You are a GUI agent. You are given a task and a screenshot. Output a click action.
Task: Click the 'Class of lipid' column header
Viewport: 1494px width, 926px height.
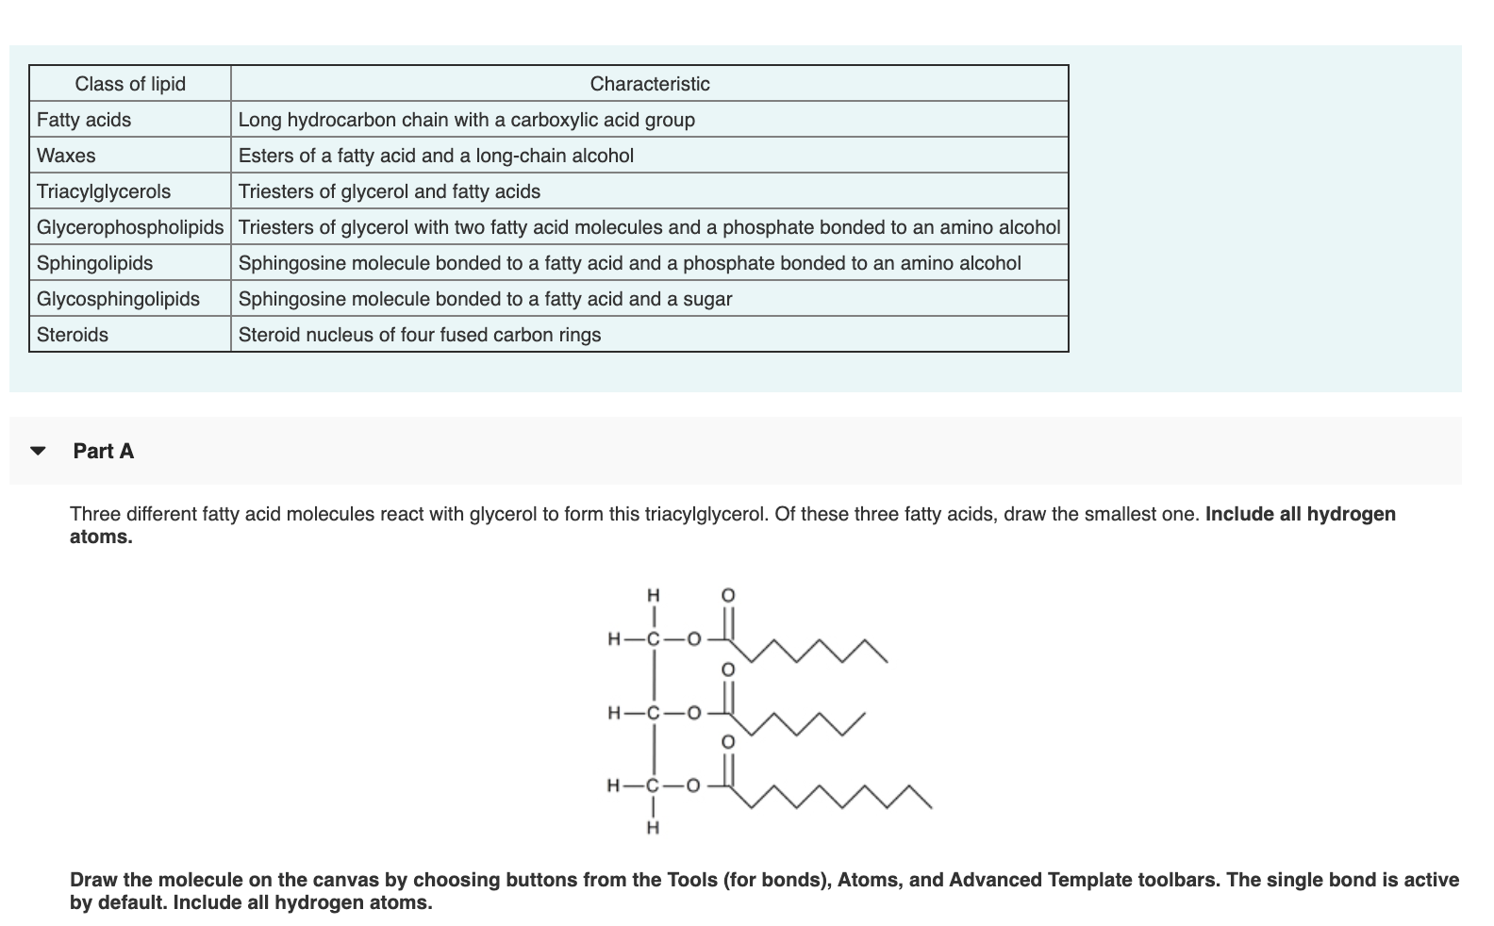tap(130, 84)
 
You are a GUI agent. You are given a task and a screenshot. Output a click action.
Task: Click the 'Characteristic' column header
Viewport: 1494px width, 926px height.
tap(649, 84)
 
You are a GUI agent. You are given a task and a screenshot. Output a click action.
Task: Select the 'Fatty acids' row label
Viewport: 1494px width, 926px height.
tap(84, 120)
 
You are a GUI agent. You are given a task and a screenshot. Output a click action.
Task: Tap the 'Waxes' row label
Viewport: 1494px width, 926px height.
tap(66, 156)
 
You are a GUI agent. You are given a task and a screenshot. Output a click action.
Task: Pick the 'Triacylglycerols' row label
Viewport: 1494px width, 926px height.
tap(104, 191)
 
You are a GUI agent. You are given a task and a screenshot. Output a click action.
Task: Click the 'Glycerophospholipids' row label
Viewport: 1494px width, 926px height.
tap(130, 227)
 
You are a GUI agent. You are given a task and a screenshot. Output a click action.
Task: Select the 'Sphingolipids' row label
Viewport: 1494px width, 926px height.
tap(94, 263)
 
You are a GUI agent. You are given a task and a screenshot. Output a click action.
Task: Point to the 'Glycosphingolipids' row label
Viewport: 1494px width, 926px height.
tap(118, 299)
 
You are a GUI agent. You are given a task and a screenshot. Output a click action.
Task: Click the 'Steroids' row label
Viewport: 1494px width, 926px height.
tap(73, 335)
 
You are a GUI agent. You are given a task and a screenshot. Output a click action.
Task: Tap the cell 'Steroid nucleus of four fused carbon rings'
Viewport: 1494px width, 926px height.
tap(420, 335)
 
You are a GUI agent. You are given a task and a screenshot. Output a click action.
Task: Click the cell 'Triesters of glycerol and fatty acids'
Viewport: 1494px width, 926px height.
tap(390, 191)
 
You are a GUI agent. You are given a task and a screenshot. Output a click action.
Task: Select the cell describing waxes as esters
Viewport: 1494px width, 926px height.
tap(436, 156)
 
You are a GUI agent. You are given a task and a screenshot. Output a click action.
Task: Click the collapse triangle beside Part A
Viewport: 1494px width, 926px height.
tap(38, 451)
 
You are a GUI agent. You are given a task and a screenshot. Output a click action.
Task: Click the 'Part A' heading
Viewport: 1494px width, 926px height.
tap(104, 451)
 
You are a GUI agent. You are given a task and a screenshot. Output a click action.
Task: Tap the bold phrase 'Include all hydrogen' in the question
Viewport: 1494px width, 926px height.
tap(1300, 514)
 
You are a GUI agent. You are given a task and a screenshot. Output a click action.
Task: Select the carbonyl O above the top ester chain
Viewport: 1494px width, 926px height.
tap(727, 595)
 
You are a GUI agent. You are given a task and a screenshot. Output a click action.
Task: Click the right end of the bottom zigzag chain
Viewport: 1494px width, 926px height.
tap(930, 807)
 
